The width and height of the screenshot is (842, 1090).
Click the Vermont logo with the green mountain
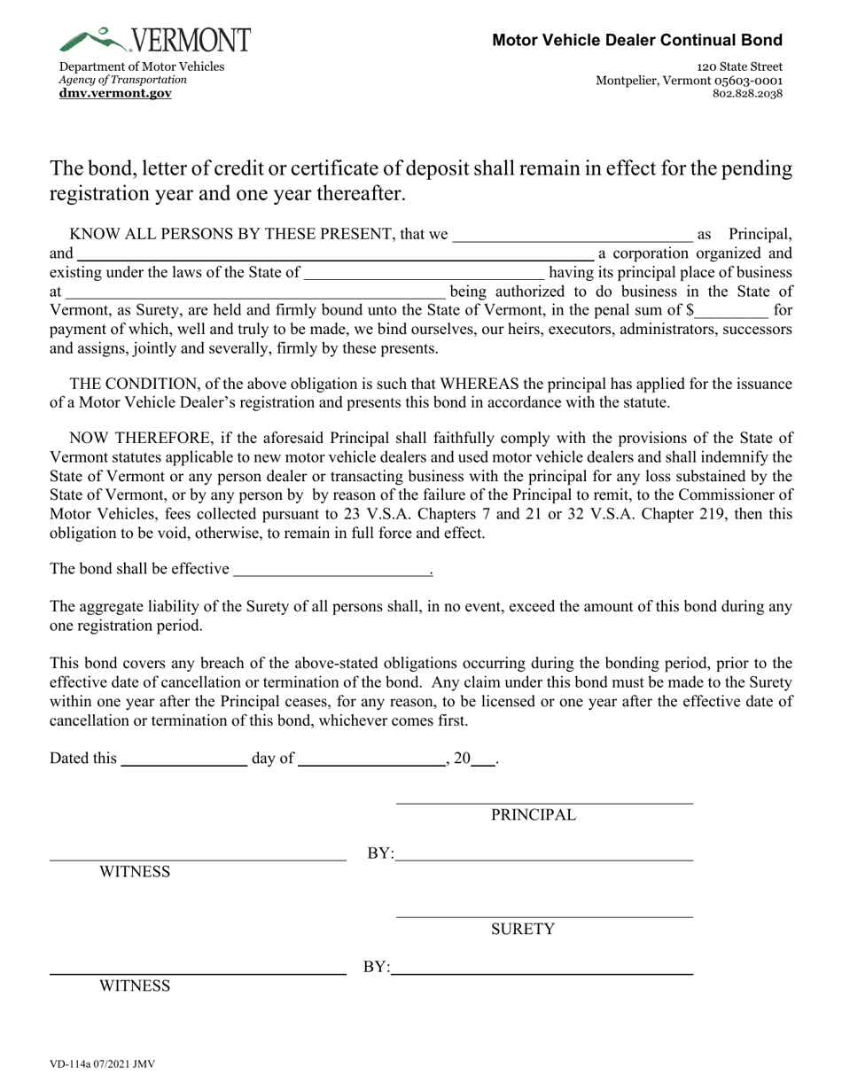click(x=155, y=40)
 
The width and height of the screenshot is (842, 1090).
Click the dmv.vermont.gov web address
click(x=115, y=93)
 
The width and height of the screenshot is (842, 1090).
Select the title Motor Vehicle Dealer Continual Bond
click(x=637, y=40)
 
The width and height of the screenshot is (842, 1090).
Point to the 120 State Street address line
click(x=739, y=66)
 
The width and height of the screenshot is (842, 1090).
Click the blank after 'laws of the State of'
click(x=424, y=273)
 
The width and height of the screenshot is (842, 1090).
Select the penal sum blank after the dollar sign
click(x=732, y=310)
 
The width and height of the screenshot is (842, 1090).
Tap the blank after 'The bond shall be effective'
click(x=330, y=570)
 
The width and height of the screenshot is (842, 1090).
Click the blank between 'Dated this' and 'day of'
click(x=183, y=759)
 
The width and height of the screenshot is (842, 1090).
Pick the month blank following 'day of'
click(x=370, y=759)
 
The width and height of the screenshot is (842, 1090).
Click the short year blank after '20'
click(x=483, y=759)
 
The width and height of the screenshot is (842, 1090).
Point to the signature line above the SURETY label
click(x=544, y=915)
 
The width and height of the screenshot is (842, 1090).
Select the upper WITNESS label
click(x=134, y=872)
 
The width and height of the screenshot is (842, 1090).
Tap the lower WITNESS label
click(x=134, y=986)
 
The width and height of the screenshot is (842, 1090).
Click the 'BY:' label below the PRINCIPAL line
click(x=380, y=854)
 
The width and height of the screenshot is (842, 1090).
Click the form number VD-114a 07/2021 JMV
click(x=103, y=1063)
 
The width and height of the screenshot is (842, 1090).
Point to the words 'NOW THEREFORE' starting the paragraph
click(x=119, y=438)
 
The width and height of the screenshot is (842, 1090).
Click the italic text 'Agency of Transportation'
click(x=122, y=80)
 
